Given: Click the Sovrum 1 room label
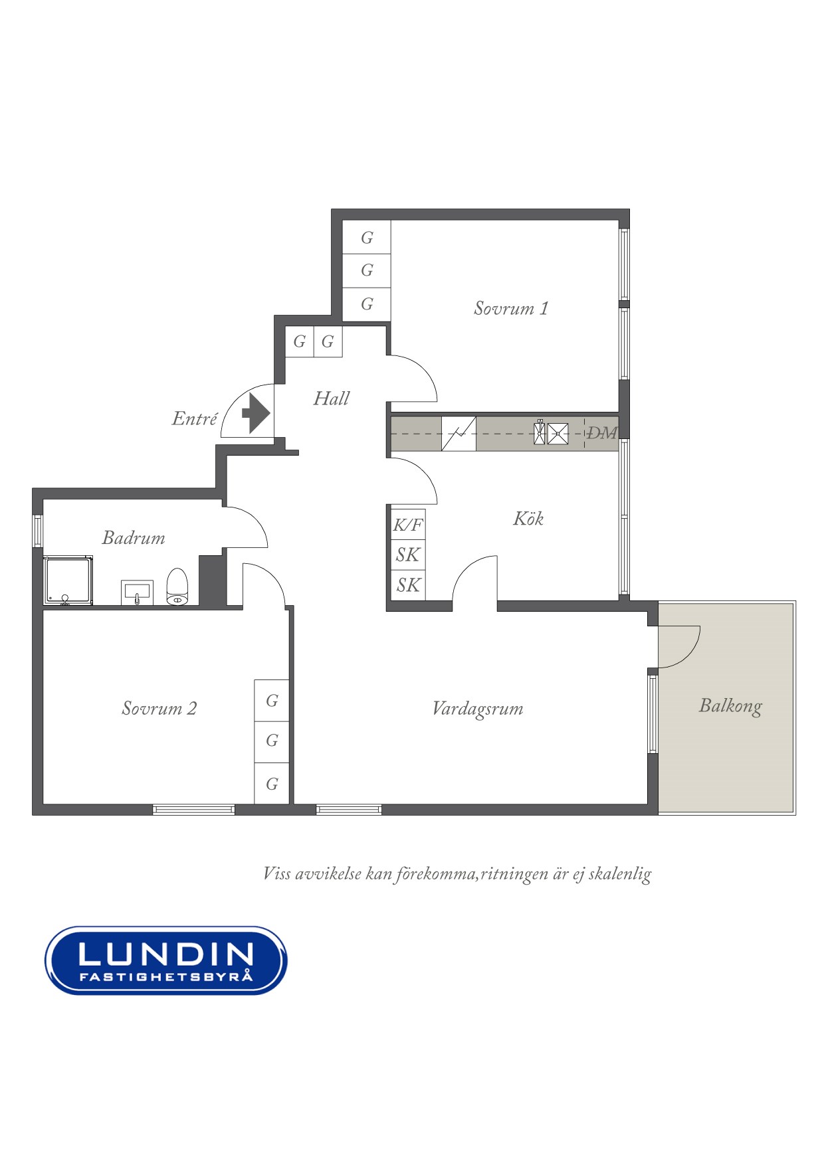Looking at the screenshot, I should point(510,308).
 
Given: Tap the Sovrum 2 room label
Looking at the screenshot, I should point(159,708).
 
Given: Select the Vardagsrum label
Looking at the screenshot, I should point(477,709).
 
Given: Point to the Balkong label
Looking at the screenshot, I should point(730,705).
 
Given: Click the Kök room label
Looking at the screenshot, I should point(528,519).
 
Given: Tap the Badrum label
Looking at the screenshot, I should point(134,538).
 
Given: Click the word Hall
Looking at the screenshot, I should point(331,399).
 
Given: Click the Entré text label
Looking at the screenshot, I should point(195,419).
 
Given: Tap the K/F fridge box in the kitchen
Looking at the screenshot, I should point(407,525).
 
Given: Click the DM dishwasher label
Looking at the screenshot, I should point(601,433).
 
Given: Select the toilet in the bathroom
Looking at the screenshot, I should point(177,587).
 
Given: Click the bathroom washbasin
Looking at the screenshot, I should point(137,592).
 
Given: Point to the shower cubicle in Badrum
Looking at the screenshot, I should point(68,581).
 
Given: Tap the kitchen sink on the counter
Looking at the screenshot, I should point(552,433).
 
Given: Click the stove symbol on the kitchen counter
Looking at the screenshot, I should point(459,433).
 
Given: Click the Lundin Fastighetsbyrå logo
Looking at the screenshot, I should point(165,960).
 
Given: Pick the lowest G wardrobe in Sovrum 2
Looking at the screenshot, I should point(272,784).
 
